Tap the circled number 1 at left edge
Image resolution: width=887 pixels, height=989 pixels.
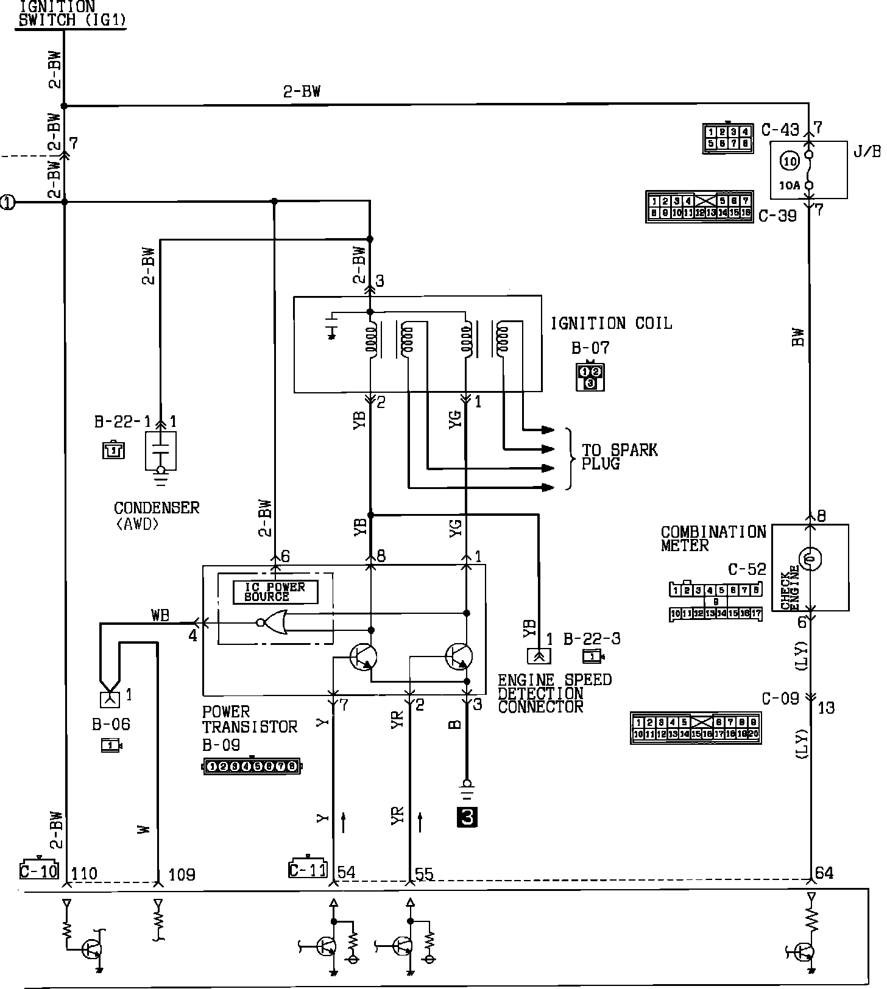[x=7, y=202]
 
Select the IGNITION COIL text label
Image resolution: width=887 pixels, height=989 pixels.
[x=611, y=323]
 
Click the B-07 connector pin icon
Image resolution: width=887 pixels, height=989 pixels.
[x=590, y=377]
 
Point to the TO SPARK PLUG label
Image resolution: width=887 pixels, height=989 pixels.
[x=620, y=457]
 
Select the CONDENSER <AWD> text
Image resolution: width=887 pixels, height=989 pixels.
[x=157, y=515]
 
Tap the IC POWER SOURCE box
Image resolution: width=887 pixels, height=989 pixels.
[x=275, y=592]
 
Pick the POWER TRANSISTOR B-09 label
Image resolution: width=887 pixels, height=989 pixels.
[x=249, y=727]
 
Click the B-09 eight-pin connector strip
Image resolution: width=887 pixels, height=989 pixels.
[x=252, y=766]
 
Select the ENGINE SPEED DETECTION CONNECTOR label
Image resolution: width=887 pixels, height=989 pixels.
[x=554, y=693]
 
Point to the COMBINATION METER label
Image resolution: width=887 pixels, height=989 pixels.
[x=713, y=539]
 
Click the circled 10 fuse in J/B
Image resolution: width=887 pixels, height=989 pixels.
[x=790, y=161]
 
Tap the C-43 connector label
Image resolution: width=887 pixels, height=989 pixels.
[x=780, y=130]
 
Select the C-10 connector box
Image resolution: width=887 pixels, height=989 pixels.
[x=38, y=871]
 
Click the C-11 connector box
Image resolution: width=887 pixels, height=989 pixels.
[x=308, y=870]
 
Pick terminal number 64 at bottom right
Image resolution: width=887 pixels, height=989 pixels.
[x=824, y=873]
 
